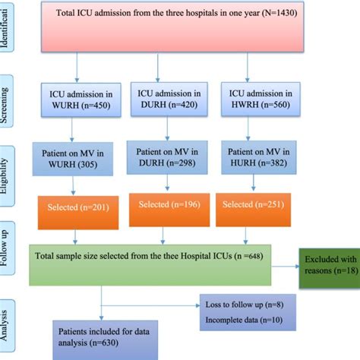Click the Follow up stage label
pyautogui.click(x=9, y=247)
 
